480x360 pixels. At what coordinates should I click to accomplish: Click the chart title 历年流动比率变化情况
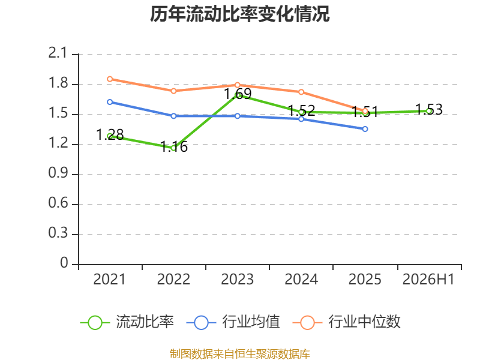239,14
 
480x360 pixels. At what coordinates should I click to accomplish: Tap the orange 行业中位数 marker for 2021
110,79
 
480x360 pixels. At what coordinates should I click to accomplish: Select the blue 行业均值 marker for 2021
110,102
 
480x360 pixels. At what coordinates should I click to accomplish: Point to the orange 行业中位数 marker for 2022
173,91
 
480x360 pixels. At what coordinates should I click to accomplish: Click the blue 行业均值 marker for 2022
173,116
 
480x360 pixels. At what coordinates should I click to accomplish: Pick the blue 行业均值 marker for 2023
237,116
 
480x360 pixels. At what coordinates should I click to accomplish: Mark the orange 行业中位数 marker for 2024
301,92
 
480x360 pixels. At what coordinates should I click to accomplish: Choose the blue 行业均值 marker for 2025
365,129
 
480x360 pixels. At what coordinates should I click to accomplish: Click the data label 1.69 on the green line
238,94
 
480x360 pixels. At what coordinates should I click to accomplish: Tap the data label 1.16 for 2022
174,146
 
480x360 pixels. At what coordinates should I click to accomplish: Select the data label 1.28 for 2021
110,134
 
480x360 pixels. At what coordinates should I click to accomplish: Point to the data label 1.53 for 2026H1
429,110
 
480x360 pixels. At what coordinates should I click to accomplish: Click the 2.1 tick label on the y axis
58,53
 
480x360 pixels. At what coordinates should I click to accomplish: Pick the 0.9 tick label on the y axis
58,173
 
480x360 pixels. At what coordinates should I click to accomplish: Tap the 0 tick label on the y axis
64,263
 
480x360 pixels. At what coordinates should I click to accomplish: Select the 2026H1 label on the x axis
428,280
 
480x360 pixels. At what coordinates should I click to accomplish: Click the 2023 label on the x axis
237,280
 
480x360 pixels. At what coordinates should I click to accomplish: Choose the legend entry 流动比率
127,322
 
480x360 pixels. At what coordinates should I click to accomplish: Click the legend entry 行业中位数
346,322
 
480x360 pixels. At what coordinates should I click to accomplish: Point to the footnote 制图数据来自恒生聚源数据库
240,354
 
